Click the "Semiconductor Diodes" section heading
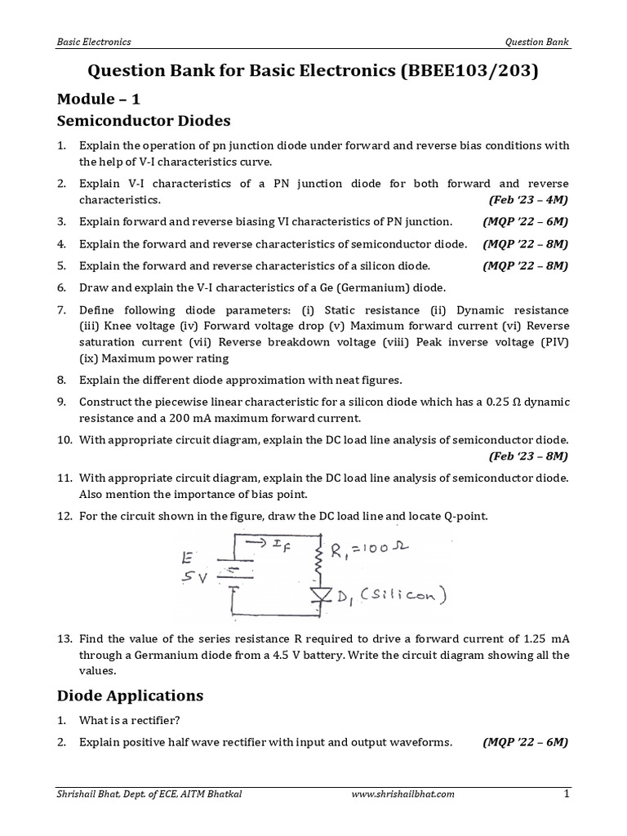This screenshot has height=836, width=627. coord(144,122)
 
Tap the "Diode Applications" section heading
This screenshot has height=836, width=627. coord(130,696)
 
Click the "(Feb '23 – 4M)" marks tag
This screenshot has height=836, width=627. coord(528,199)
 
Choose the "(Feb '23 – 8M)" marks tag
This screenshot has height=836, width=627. coord(528,455)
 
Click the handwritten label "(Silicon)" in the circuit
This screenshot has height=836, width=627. coord(396,598)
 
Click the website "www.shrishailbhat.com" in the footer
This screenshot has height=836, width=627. coord(402,793)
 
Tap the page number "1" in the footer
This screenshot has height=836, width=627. coord(566,793)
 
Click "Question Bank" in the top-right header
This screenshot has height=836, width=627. coord(538,41)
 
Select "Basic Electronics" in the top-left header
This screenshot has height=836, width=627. coord(94,41)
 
